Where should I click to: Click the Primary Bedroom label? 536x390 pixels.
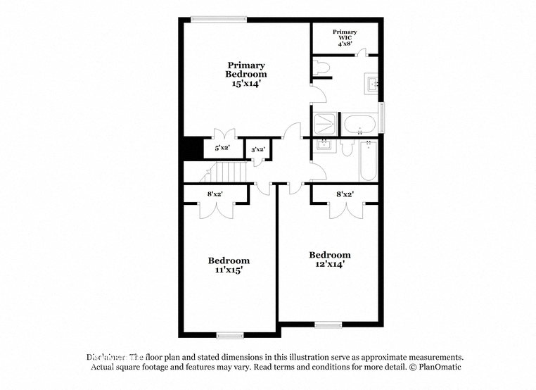coord(245,74)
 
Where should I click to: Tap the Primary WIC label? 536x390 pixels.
coord(345,37)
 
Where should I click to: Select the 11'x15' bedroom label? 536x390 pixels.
coord(229,265)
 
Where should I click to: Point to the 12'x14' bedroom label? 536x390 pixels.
coord(329,259)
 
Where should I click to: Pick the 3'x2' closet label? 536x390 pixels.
coord(257,149)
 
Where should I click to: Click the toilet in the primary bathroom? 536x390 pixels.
coord(321,68)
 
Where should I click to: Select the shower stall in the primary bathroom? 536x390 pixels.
coord(324,124)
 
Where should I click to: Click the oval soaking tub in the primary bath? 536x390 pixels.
coord(359,125)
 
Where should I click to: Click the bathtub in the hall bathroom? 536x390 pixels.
coord(369,161)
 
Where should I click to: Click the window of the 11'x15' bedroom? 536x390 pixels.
coord(229,334)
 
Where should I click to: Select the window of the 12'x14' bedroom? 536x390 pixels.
coord(328,325)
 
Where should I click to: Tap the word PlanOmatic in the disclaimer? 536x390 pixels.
coord(437,367)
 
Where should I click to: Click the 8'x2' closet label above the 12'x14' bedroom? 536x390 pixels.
coord(345,194)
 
